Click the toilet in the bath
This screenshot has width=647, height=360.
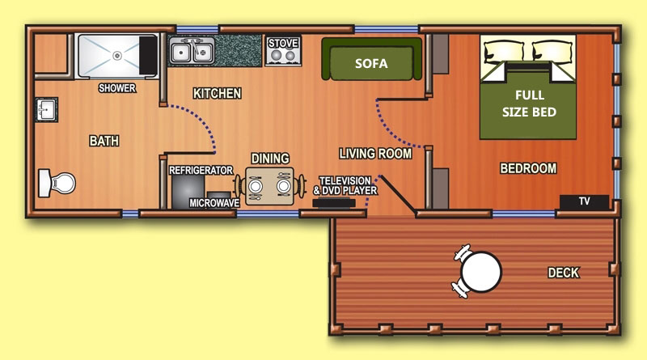57,183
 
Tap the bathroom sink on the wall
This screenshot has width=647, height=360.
46,110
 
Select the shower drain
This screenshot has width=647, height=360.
117,55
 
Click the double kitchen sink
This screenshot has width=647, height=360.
192,51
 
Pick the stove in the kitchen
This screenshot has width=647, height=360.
283,51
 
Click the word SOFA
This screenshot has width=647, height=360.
371,64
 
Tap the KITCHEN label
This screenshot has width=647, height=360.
217,94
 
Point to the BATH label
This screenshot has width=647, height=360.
104,142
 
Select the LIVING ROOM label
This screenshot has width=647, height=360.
375,154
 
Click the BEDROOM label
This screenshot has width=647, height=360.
528,168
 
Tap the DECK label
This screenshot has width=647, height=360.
563,273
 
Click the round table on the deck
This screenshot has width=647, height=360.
480,272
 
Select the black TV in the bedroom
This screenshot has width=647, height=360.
584,201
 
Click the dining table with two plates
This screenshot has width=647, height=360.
269,186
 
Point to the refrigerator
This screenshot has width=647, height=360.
188,192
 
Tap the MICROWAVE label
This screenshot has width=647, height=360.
214,203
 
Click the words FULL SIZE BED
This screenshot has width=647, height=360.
529,104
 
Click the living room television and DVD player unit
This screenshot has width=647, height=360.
334,203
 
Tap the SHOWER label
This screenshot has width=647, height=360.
117,88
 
